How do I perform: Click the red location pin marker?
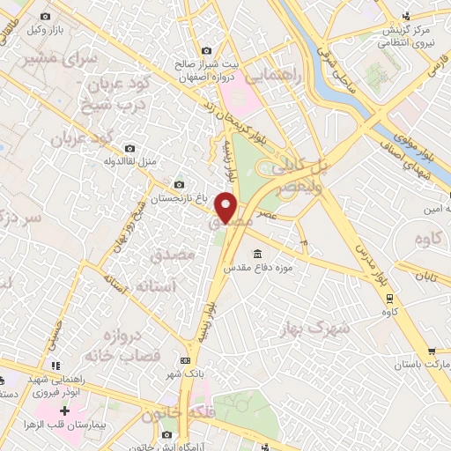pos(227,207)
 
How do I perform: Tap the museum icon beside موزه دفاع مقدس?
pos(258,254)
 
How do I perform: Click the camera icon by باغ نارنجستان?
pos(180,185)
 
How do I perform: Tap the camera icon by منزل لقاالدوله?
pos(130,148)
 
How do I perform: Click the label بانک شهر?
pos(185,373)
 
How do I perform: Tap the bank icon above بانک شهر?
pos(185,360)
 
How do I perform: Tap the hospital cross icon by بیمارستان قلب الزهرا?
pos(65,410)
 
